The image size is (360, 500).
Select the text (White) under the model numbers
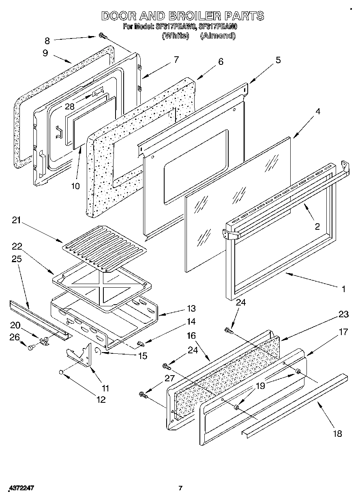click(x=175, y=36)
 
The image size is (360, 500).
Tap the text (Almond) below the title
click(x=218, y=36)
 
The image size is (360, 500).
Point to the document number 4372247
click(x=20, y=488)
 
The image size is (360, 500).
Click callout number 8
click(x=47, y=40)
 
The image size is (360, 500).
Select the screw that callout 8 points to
click(x=102, y=37)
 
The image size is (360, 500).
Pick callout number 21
click(x=16, y=221)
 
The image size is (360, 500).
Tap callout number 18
click(x=337, y=434)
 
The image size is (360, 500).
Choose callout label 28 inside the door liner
click(x=69, y=106)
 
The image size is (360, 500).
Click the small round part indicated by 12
click(x=61, y=372)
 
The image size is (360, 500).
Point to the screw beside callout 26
click(x=31, y=347)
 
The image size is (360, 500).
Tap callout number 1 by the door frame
click(x=343, y=289)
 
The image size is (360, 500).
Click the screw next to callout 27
click(x=143, y=393)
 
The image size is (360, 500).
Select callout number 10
click(x=76, y=186)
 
